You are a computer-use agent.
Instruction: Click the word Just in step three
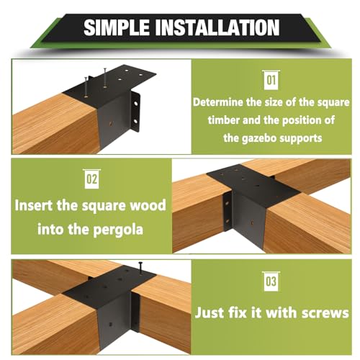click(211, 312)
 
